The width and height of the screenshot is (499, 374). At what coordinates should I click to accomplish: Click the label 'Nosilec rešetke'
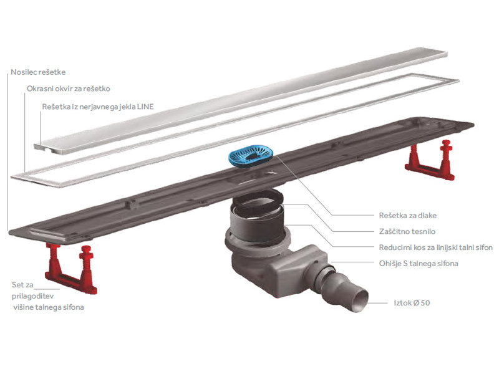coord(38,72)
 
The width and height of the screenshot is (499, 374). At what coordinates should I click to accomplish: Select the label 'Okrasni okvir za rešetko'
coord(69,89)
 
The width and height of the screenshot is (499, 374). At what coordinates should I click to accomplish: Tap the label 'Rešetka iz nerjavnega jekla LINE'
coord(98,107)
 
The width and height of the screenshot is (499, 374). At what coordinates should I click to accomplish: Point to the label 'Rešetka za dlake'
coord(408,215)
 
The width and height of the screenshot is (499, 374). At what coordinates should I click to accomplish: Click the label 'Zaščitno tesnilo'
coord(407,231)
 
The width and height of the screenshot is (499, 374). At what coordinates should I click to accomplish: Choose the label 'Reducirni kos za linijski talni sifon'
coord(435,247)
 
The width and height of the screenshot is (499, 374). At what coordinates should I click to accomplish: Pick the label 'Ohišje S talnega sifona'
coord(419,263)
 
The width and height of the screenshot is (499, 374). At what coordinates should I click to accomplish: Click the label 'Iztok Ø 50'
coord(412,303)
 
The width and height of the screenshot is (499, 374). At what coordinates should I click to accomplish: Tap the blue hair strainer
coord(252,154)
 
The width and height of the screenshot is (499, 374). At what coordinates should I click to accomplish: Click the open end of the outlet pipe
coord(361,300)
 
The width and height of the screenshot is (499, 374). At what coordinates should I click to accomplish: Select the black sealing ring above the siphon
coord(258,201)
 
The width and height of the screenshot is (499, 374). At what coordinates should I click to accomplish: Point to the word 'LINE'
coord(145,107)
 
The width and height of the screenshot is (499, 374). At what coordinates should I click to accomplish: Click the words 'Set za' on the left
coord(22,285)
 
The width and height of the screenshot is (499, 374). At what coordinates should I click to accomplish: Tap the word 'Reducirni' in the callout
coord(395,247)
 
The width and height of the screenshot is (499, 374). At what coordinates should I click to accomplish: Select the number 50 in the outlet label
coord(425,303)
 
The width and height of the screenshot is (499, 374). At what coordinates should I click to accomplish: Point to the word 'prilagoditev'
coord(33,296)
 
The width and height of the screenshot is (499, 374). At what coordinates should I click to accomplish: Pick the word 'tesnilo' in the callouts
coord(423,231)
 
